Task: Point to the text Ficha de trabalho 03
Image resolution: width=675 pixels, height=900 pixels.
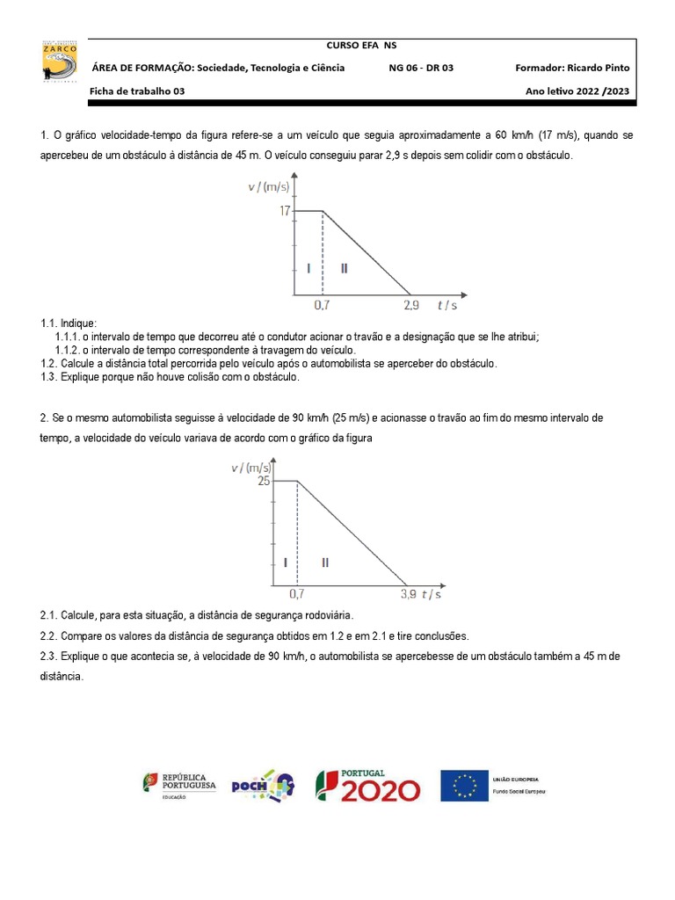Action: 138,91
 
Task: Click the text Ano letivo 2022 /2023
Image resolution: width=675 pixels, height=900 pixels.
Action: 577,91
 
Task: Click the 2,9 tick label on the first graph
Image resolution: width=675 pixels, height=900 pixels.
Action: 410,305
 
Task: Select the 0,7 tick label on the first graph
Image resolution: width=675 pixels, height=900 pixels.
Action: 323,305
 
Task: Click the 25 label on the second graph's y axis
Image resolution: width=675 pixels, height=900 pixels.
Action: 264,481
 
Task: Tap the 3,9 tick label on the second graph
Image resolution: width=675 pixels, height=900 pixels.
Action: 408,594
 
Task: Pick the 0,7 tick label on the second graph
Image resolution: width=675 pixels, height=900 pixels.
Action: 297,594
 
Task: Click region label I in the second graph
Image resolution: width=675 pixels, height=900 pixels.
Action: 286,562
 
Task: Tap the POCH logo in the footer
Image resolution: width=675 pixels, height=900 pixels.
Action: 262,785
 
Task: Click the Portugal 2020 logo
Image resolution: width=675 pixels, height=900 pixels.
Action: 367,785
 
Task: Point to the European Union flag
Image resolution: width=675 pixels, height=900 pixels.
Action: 464,785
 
